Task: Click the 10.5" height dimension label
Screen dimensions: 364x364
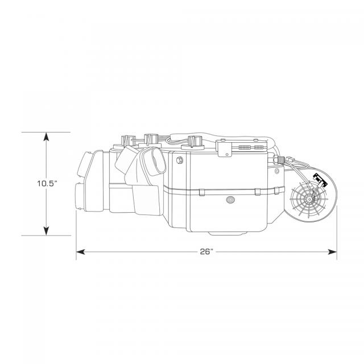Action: tap(47, 184)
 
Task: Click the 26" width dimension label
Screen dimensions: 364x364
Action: tap(206, 251)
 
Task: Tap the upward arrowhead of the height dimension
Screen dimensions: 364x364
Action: tap(47, 136)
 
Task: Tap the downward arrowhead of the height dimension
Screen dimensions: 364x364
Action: tap(47, 231)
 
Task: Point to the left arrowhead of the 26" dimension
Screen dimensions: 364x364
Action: tap(81, 251)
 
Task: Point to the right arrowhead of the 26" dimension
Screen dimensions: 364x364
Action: tap(332, 251)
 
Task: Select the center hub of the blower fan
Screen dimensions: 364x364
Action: tap(309, 199)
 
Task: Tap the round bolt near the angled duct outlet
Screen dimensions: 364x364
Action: tap(180, 160)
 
